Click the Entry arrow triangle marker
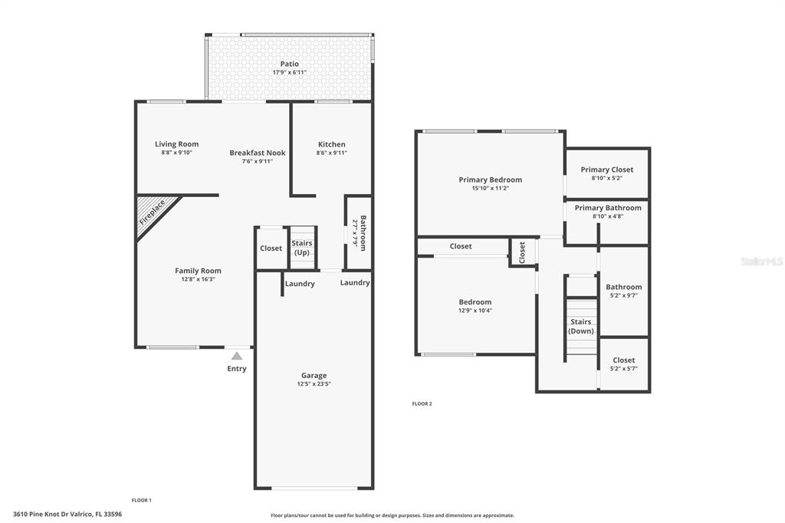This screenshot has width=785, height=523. click(237, 356)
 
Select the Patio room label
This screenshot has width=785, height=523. click(289, 64)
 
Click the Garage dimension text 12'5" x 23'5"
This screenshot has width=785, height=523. click(314, 384)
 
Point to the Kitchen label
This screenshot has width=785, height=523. click(331, 144)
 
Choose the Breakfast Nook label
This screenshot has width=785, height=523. click(258, 153)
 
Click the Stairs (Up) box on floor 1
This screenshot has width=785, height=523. click(302, 248)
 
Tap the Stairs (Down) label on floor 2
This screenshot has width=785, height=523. click(581, 326)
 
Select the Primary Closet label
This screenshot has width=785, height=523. click(607, 169)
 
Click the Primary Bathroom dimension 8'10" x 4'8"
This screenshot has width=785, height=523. click(608, 216)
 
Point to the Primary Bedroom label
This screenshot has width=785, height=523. click(490, 180)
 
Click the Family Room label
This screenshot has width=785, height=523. click(198, 271)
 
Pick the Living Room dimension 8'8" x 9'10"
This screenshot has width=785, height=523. click(177, 153)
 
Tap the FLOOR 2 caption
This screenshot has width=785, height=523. click(422, 404)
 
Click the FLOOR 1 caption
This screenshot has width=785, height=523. click(142, 500)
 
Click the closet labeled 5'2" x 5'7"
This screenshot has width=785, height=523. click(624, 364)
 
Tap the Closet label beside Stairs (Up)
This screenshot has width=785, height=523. click(271, 248)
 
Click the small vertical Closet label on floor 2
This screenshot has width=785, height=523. click(522, 252)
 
